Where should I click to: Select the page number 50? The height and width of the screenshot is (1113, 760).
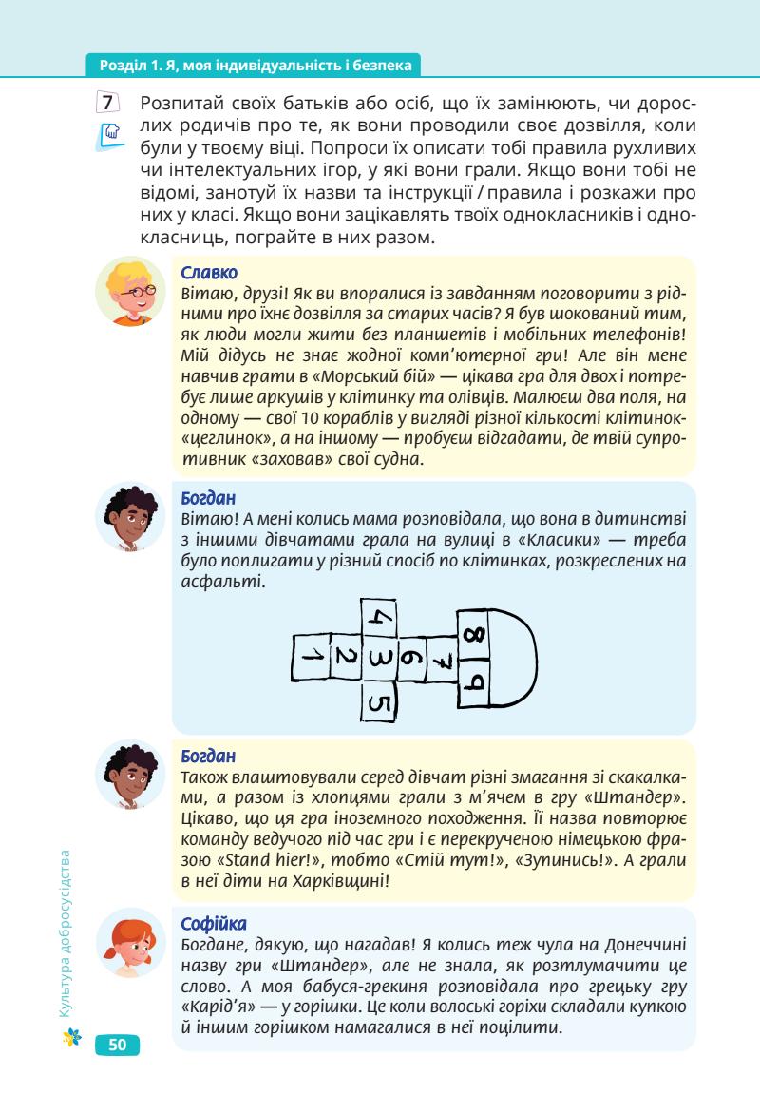coord(117,1046)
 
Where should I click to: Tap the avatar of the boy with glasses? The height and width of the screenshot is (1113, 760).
coord(130,290)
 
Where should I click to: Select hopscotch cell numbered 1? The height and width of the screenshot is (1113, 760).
coord(310,657)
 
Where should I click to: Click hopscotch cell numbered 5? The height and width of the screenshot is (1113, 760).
coord(379,702)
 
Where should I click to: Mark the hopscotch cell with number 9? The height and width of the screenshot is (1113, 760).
coord(476,681)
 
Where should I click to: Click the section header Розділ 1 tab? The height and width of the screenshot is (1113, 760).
coord(253,66)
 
